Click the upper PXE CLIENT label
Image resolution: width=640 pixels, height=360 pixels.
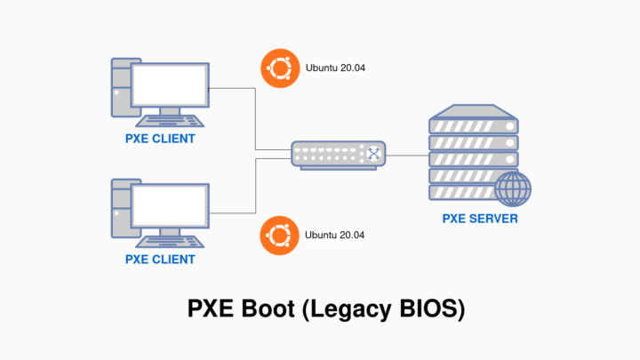point(160,140)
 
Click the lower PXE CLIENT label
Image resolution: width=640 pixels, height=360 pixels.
point(160,260)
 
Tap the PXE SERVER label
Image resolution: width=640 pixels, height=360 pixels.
point(480,219)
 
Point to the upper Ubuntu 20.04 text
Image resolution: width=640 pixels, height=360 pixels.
point(335,68)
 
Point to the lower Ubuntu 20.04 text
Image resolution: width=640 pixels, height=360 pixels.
point(335,236)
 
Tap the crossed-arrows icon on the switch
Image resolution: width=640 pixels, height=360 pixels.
point(374,155)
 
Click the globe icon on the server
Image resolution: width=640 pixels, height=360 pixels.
point(513,188)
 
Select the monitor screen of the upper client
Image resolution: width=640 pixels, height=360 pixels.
point(169,84)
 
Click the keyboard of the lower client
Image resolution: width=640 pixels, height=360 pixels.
point(169,242)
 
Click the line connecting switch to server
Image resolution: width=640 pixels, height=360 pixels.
point(409,155)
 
